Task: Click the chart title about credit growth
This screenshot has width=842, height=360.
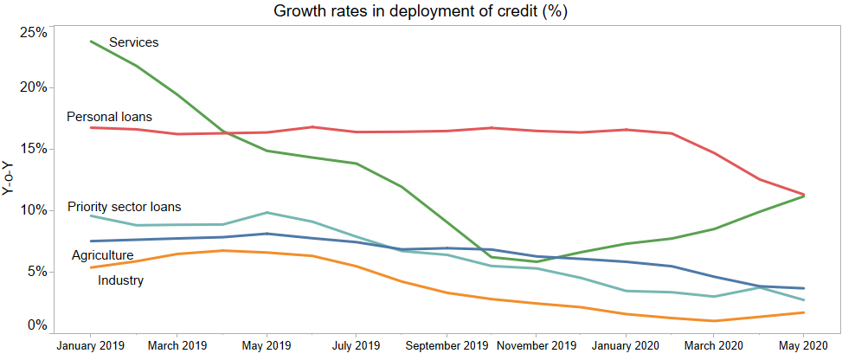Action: point(420,11)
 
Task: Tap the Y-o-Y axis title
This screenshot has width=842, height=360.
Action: point(9,177)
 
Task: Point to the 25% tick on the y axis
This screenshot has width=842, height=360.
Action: point(33,33)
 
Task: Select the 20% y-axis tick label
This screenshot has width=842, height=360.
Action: point(33,87)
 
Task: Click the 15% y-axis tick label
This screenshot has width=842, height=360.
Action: point(33,149)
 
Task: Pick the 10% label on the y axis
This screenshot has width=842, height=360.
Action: point(33,210)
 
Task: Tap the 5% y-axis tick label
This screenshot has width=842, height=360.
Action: point(35,271)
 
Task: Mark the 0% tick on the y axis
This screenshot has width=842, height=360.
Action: point(35,325)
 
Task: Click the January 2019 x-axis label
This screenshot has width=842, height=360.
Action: point(91,345)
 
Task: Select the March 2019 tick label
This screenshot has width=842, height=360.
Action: point(176,345)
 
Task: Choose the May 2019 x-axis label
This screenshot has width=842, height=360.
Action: point(266,345)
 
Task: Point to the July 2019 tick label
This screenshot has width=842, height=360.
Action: point(356,345)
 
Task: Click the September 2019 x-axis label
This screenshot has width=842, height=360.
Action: point(447,345)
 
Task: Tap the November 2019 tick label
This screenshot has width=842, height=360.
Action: point(536,345)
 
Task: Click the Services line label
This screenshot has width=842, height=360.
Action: point(133,42)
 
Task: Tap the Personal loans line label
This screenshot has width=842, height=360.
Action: point(109,116)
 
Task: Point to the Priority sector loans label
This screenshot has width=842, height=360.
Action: point(124,207)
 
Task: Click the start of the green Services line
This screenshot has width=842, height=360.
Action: point(91,41)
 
